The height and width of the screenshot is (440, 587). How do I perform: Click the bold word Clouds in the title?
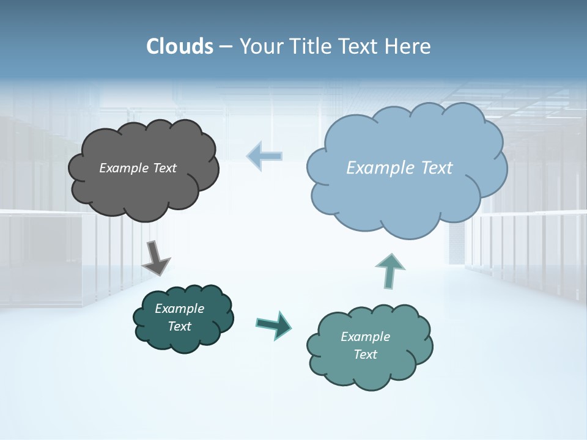180,46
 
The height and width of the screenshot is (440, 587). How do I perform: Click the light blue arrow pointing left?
264,156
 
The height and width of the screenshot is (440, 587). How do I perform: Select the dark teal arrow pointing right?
273,324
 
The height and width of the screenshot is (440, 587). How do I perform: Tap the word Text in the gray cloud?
164,168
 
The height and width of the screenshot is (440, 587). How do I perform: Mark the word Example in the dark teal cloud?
179,309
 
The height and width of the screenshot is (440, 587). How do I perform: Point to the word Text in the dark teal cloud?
179,326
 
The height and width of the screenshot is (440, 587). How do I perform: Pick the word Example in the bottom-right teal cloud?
365,337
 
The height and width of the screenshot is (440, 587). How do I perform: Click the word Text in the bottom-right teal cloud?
365,354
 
